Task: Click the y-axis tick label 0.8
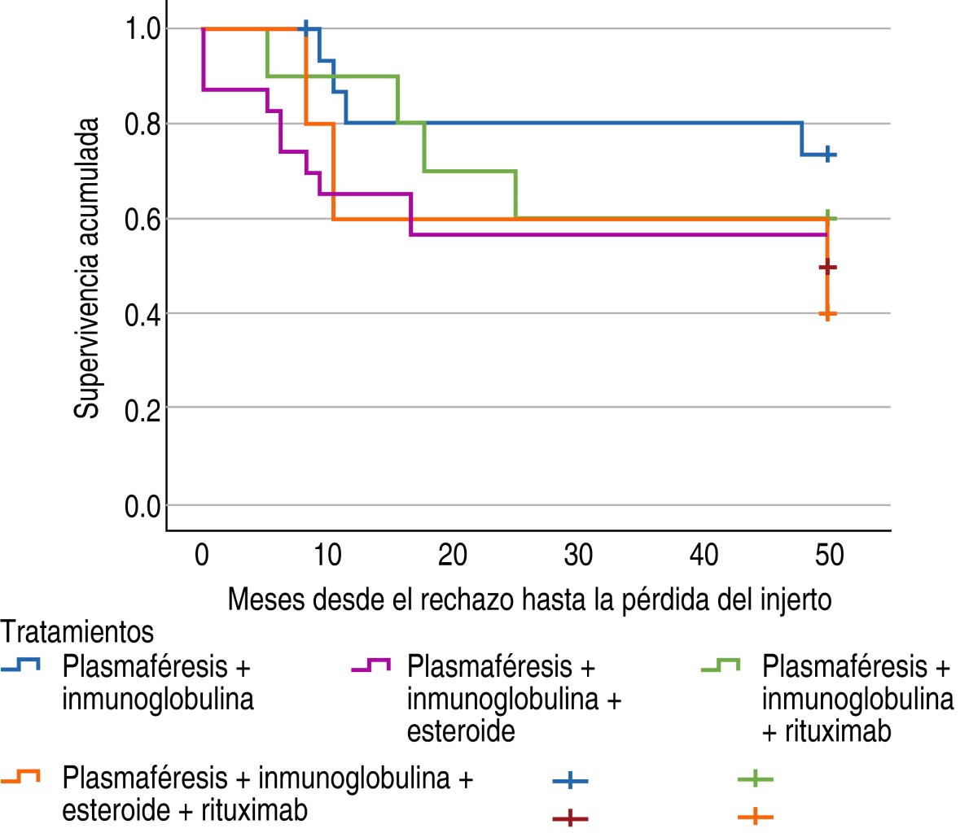[x=143, y=124]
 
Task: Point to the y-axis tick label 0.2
[x=143, y=409]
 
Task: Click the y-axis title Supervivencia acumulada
[x=87, y=268]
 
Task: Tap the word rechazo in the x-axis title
[x=467, y=600]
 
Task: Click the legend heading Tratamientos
[x=78, y=631]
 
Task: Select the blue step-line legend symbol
[x=21, y=666]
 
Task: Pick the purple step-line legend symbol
[x=371, y=666]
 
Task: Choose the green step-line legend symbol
[x=721, y=666]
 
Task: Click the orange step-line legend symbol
[x=21, y=778]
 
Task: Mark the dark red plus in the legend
[x=570, y=818]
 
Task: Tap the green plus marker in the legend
[x=755, y=780]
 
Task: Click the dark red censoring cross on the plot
[x=827, y=267]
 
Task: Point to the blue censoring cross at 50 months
[x=827, y=153]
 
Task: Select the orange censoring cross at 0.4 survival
[x=827, y=313]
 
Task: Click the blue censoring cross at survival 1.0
[x=305, y=28]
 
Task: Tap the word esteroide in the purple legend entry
[x=461, y=731]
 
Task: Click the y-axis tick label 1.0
[x=143, y=29]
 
